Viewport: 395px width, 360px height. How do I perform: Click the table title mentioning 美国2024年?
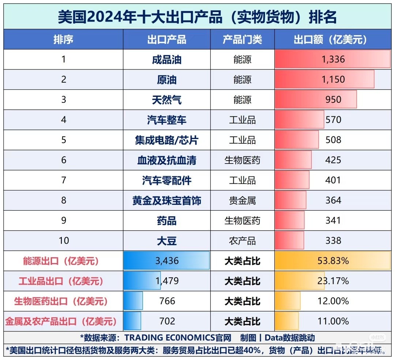click(x=197, y=17)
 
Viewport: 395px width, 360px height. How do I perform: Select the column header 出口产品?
click(x=167, y=39)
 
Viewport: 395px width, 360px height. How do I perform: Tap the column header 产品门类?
click(x=242, y=39)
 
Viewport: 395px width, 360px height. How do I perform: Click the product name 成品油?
click(x=167, y=60)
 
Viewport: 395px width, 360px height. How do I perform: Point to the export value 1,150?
click(x=333, y=79)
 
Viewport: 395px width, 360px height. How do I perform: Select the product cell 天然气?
click(x=167, y=100)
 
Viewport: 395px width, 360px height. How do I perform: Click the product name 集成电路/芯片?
click(x=167, y=140)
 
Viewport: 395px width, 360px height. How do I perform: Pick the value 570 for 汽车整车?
click(x=333, y=120)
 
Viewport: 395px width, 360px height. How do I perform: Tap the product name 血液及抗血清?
click(x=167, y=160)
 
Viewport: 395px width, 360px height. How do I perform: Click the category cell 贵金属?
click(x=242, y=200)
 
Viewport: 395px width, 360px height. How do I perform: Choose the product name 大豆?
click(x=167, y=241)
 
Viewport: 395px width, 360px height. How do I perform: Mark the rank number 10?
click(x=64, y=240)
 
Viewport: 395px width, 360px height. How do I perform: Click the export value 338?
click(x=333, y=240)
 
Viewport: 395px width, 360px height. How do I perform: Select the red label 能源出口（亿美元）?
click(x=61, y=261)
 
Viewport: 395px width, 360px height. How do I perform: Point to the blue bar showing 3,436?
click(x=167, y=261)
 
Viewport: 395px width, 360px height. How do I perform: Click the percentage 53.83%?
click(x=333, y=261)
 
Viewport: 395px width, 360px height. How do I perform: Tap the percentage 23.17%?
click(x=333, y=281)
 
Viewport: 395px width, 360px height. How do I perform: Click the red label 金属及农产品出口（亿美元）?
click(x=61, y=322)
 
